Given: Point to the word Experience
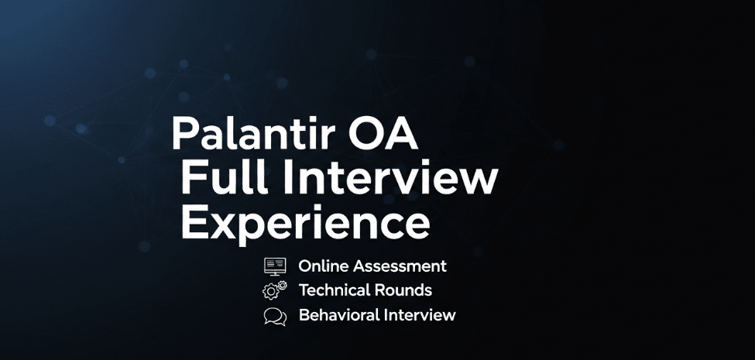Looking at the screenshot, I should [x=305, y=223].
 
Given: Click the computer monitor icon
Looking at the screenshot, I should [x=275, y=266].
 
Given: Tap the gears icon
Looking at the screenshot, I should [x=275, y=291].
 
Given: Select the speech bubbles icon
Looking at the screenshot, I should [x=275, y=316].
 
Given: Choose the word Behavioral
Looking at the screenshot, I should [x=337, y=316].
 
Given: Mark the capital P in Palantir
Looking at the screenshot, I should [x=184, y=134].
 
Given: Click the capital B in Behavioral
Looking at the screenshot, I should [x=304, y=316].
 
